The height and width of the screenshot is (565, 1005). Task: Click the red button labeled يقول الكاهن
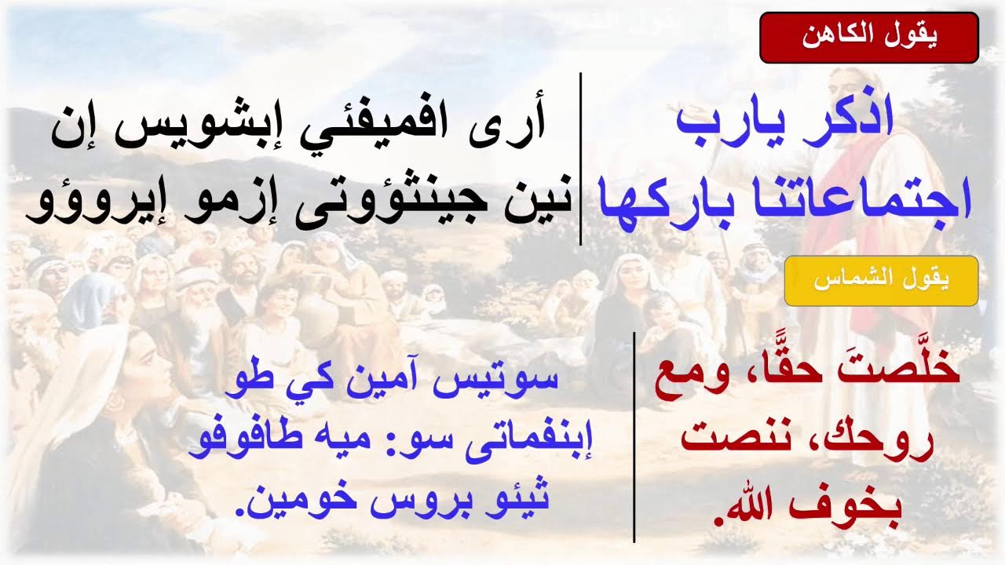coord(869,38)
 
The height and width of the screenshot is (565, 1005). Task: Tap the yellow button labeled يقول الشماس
coord(881,281)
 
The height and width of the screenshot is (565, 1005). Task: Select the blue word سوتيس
coord(512,380)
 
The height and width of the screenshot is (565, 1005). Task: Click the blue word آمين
coord(401,380)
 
